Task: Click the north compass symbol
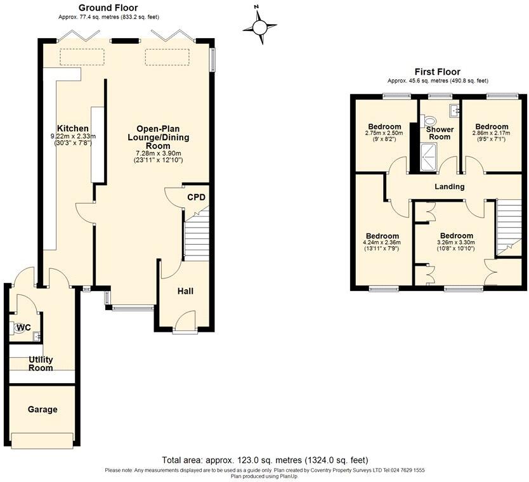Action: click(259, 27)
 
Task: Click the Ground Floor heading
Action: click(108, 8)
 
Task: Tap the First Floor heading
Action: click(437, 72)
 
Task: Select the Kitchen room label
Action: click(73, 127)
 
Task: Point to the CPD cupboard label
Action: click(196, 197)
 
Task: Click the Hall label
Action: click(185, 291)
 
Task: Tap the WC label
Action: click(23, 327)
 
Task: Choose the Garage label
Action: click(42, 410)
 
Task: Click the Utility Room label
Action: click(41, 363)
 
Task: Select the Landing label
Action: click(449, 186)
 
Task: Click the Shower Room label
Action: click(440, 133)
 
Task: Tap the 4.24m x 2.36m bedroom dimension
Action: click(381, 242)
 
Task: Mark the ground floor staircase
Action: click(197, 236)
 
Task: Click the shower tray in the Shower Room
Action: click(429, 156)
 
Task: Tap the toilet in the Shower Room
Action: click(430, 119)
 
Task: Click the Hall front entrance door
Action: click(185, 322)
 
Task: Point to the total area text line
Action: click(264, 460)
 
